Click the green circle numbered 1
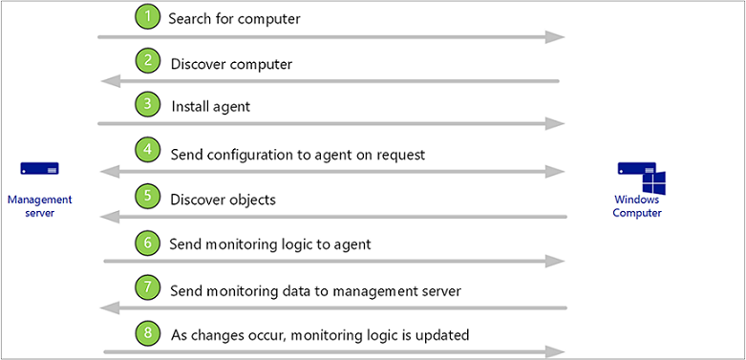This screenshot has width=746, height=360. click(x=147, y=17)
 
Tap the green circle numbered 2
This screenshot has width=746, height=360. click(x=147, y=63)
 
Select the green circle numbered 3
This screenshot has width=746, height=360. click(x=147, y=105)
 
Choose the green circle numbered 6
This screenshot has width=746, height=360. click(x=147, y=244)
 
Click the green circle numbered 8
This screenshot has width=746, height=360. click(x=147, y=333)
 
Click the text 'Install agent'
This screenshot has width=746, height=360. click(x=210, y=106)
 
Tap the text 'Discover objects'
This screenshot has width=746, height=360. click(x=223, y=200)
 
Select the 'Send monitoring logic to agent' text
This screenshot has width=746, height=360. click(x=269, y=244)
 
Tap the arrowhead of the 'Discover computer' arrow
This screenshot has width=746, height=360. click(x=110, y=81)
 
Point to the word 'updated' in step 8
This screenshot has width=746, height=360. click(x=444, y=334)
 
